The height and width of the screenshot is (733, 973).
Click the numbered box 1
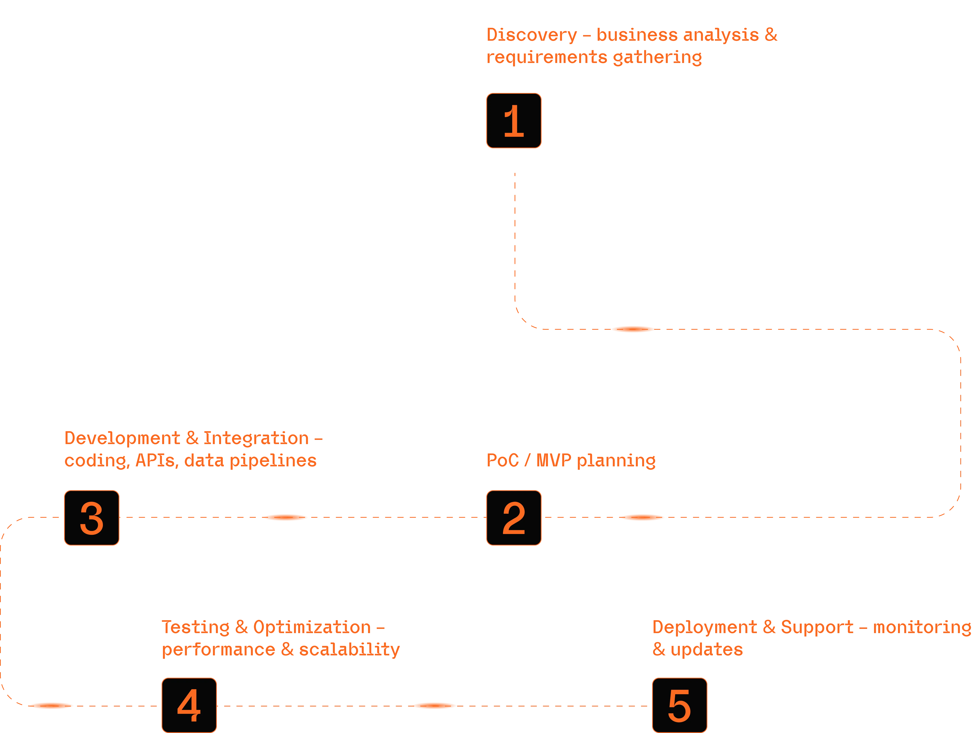pos(513,121)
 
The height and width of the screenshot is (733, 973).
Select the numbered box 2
pos(513,518)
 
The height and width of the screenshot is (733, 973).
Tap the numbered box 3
pos(92,518)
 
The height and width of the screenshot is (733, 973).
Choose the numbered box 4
pos(189,705)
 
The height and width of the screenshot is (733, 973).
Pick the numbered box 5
pos(679,705)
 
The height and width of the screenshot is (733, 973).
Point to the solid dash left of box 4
pos(51,706)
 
